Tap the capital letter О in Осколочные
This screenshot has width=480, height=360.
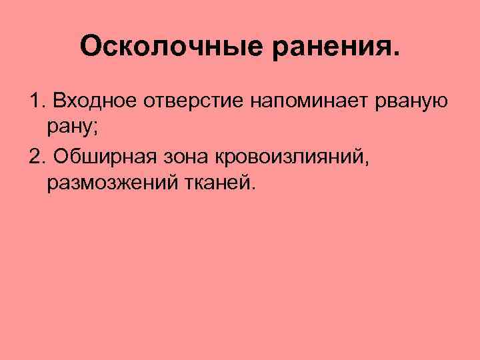(x=89, y=47)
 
